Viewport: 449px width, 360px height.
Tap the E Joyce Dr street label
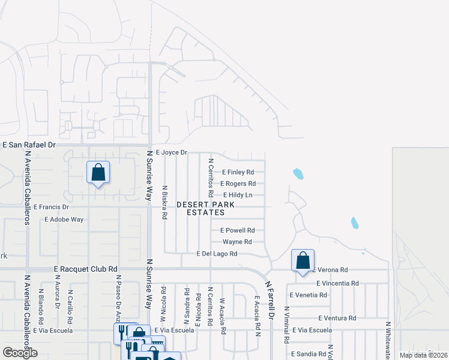pyautogui.click(x=172, y=153)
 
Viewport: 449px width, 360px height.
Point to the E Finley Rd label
pyautogui.click(x=238, y=172)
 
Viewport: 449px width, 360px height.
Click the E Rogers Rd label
pyautogui.click(x=238, y=184)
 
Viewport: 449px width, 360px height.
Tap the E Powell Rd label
pyautogui.click(x=238, y=230)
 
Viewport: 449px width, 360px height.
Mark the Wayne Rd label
pyautogui.click(x=237, y=242)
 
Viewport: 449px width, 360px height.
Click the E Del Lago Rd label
pyautogui.click(x=217, y=254)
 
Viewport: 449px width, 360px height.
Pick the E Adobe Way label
pyautogui.click(x=64, y=220)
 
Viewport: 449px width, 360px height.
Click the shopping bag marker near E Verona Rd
pyautogui.click(x=303, y=261)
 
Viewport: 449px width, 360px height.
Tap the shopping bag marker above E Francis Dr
pyautogui.click(x=98, y=173)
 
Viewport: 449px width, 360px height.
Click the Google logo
pyautogui.click(x=20, y=353)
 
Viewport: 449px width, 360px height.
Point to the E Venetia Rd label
pyautogui.click(x=309, y=295)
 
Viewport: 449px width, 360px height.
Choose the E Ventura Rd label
pyautogui.click(x=337, y=318)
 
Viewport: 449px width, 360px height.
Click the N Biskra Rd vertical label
pyautogui.click(x=164, y=202)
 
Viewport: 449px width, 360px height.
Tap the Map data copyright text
pyautogui.click(x=423, y=355)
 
